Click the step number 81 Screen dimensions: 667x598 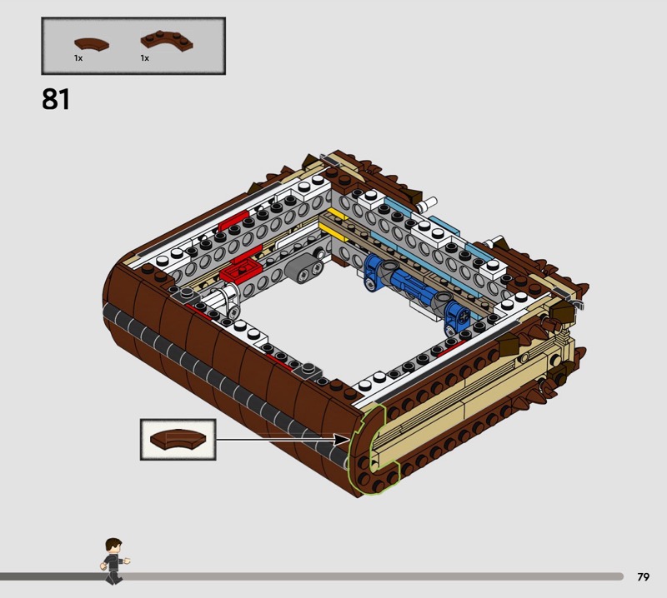56,99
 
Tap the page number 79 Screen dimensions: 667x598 643,576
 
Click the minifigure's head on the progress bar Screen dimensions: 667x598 113,546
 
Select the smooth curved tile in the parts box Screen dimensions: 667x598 92,44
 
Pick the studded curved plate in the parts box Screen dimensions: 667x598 167,40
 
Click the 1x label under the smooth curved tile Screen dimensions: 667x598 78,58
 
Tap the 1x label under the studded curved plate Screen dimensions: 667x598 145,58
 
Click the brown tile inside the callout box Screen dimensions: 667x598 178,440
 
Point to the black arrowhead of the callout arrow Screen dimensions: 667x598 342,440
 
